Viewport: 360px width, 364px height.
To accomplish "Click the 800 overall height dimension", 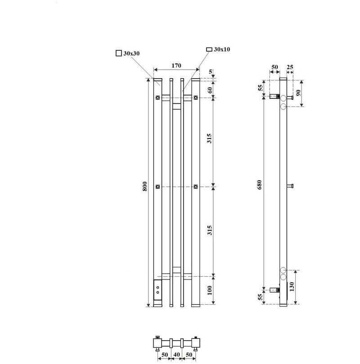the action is click(x=144, y=186).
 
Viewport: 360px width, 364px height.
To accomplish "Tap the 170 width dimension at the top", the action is click(x=176, y=66).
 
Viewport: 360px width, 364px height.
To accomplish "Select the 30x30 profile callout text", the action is click(x=131, y=53).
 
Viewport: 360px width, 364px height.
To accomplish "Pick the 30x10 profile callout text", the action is click(x=222, y=49).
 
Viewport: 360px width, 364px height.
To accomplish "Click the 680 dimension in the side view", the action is click(x=259, y=185).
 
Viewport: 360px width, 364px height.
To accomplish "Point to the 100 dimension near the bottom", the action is click(x=210, y=290).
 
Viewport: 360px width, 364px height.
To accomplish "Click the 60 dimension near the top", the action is click(x=210, y=90).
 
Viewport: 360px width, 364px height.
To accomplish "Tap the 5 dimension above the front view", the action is click(x=211, y=72).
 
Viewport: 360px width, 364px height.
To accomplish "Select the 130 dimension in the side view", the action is click(x=292, y=287).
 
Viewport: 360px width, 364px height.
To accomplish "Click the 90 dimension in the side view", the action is click(x=298, y=93).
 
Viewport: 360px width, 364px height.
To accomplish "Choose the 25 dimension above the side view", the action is click(x=290, y=67).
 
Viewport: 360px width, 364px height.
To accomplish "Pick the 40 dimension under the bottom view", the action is click(x=177, y=355).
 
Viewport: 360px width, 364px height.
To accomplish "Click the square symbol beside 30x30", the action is click(x=118, y=53).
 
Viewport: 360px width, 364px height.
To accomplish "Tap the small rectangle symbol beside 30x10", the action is click(x=209, y=49).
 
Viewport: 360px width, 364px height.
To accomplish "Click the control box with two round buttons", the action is click(x=157, y=290).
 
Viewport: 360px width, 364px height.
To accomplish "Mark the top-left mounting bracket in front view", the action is click(x=158, y=98).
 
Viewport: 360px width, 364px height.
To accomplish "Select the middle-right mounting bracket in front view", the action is click(x=196, y=186).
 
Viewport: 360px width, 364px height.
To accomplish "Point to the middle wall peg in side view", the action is click(x=290, y=186).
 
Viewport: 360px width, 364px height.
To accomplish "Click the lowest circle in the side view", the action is click(x=283, y=277).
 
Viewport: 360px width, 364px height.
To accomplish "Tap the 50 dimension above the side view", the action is click(x=274, y=67).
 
